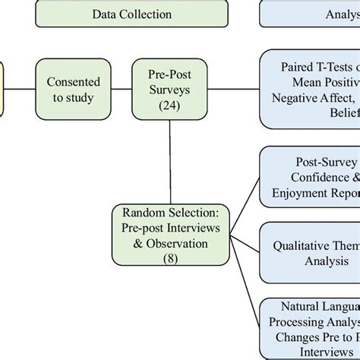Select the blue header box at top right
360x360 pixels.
click(x=310, y=14)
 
